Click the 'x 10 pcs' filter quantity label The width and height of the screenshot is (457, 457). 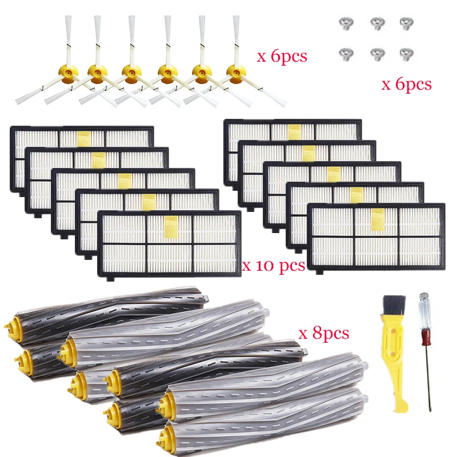tap(274, 265)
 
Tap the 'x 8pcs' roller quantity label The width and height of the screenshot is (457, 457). tap(323, 333)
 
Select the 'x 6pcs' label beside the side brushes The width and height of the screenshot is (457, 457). tap(282, 57)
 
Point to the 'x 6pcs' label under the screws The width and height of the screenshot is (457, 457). tap(406, 85)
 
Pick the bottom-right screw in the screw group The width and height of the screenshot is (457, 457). tap(406, 53)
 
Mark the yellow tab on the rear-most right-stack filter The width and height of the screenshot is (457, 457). tap(294, 132)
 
